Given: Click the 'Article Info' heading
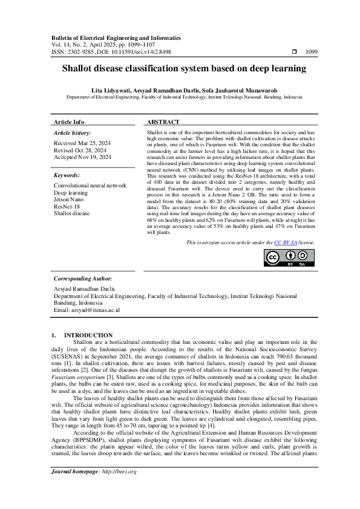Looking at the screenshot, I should tap(69, 122).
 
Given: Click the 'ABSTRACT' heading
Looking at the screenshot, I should tap(163, 122).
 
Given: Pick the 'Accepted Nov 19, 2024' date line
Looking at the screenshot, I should tap(82, 157).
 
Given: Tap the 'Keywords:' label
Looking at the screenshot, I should tap(67, 175).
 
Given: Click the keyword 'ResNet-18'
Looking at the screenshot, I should tap(67, 206).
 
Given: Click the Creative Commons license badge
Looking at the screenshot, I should tap(289, 274).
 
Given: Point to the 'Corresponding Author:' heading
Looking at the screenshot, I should tap(83, 279).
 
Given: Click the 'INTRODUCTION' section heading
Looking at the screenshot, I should tap(88, 335).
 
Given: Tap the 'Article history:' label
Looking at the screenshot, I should tap(73, 132).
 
